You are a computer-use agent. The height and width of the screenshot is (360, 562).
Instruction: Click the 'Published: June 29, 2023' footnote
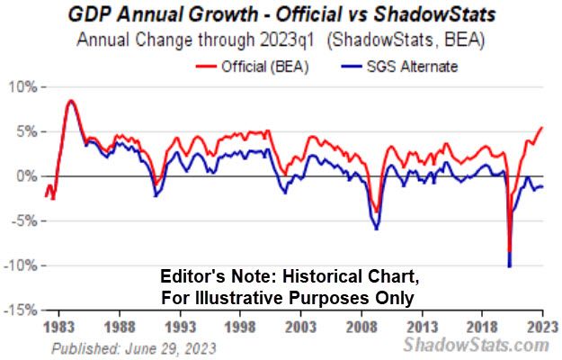click(x=133, y=346)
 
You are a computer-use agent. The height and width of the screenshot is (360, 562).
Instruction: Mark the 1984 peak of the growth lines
click(x=71, y=100)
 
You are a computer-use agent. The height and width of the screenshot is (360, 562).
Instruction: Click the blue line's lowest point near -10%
click(x=510, y=266)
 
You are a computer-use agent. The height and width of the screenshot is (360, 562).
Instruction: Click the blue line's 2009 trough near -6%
click(x=376, y=229)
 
